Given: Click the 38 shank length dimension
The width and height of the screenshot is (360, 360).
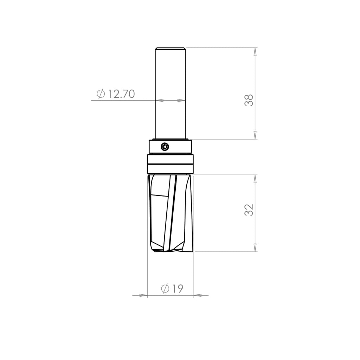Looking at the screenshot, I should pos(249,100).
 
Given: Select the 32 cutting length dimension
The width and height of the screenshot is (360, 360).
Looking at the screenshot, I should pos(249,210).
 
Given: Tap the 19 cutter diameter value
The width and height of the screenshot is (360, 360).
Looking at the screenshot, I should pos(178,289).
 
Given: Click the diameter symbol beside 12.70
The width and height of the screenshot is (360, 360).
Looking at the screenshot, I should pos(101,94).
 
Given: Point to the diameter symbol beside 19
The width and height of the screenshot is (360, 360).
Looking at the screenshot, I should pos(165,289).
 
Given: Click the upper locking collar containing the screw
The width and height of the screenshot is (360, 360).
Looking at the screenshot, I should pos(179,147).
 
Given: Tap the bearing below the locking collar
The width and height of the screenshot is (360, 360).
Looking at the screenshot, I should pos(171,164).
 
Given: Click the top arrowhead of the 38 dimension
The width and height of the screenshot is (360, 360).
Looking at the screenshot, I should pos(255,52).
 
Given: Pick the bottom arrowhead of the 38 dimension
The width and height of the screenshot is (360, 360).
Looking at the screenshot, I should pos(255,135).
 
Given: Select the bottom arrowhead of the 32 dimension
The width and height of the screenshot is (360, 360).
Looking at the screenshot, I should pos(255,247).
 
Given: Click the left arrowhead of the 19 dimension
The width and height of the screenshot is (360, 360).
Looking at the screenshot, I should pos(143,295).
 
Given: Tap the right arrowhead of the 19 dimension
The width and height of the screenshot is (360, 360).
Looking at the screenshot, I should pos(198,295).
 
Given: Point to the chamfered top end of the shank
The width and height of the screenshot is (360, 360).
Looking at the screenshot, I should pos(171,49).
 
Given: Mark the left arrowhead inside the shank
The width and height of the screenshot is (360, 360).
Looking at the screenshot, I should pos(160,101).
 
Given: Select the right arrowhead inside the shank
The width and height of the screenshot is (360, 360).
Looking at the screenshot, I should pos(181,101).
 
